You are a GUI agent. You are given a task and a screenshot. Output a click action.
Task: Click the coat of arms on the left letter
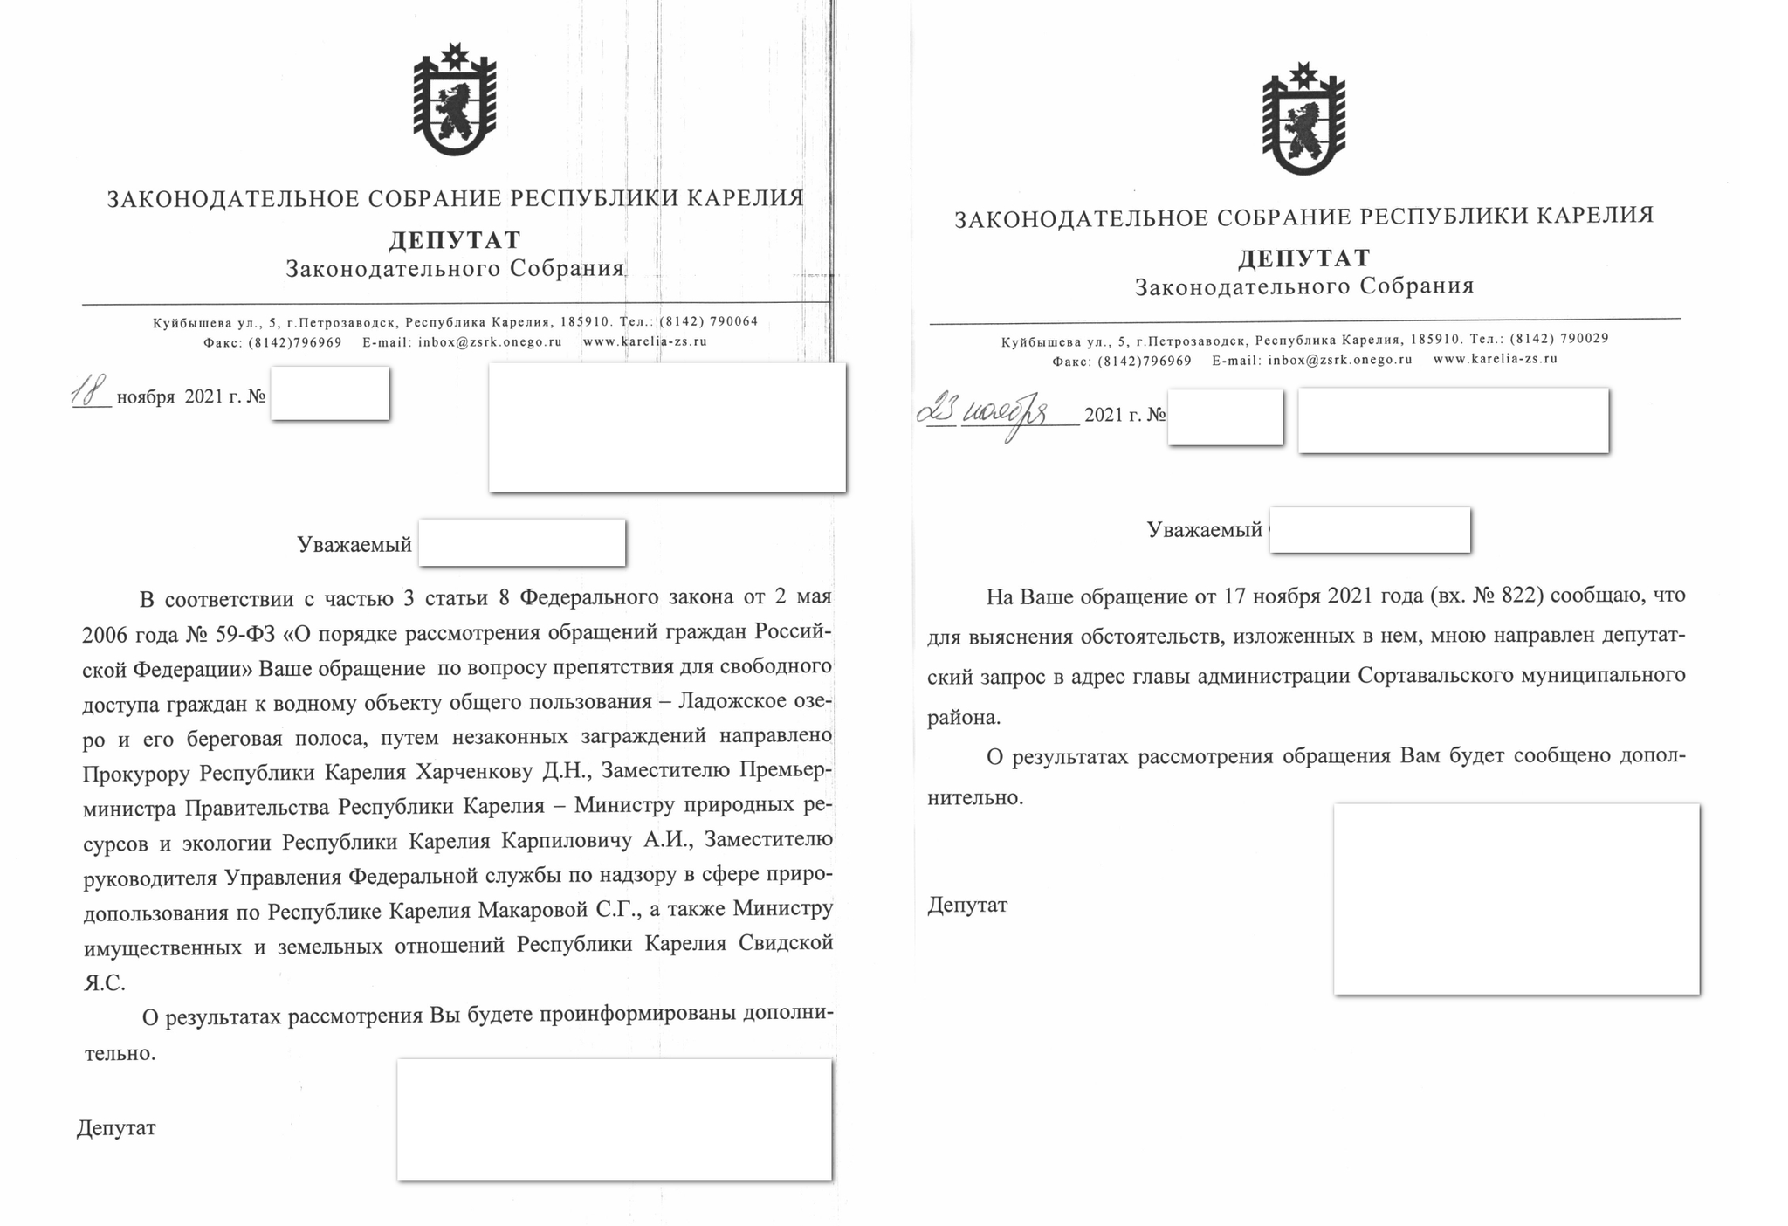click(x=454, y=100)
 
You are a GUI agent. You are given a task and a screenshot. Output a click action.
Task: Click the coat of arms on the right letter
click(x=1303, y=120)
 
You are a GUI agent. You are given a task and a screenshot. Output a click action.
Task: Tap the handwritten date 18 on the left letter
click(x=89, y=392)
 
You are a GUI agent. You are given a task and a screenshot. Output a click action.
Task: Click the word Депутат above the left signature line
click(x=116, y=1128)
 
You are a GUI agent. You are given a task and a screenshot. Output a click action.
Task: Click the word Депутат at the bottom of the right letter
click(x=966, y=906)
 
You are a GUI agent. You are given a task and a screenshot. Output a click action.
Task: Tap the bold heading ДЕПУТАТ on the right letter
click(x=1303, y=258)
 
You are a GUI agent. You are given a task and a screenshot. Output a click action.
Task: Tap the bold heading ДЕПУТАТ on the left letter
click(x=454, y=239)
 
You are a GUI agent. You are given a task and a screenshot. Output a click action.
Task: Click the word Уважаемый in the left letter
click(x=354, y=545)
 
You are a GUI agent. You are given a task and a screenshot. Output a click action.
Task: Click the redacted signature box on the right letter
click(x=1516, y=899)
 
